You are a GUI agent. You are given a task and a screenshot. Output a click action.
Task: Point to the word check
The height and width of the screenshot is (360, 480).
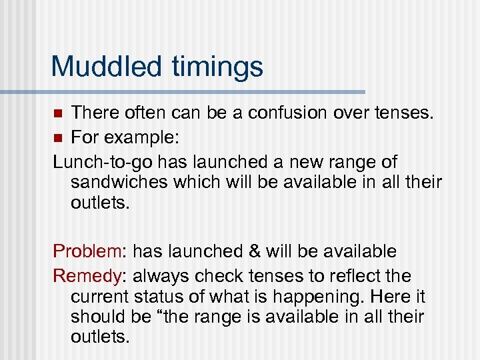[x=213, y=276]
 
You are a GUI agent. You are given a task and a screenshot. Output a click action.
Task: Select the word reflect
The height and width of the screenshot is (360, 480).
[x=350, y=276]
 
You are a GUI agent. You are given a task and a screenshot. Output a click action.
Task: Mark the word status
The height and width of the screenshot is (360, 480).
[x=157, y=297]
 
